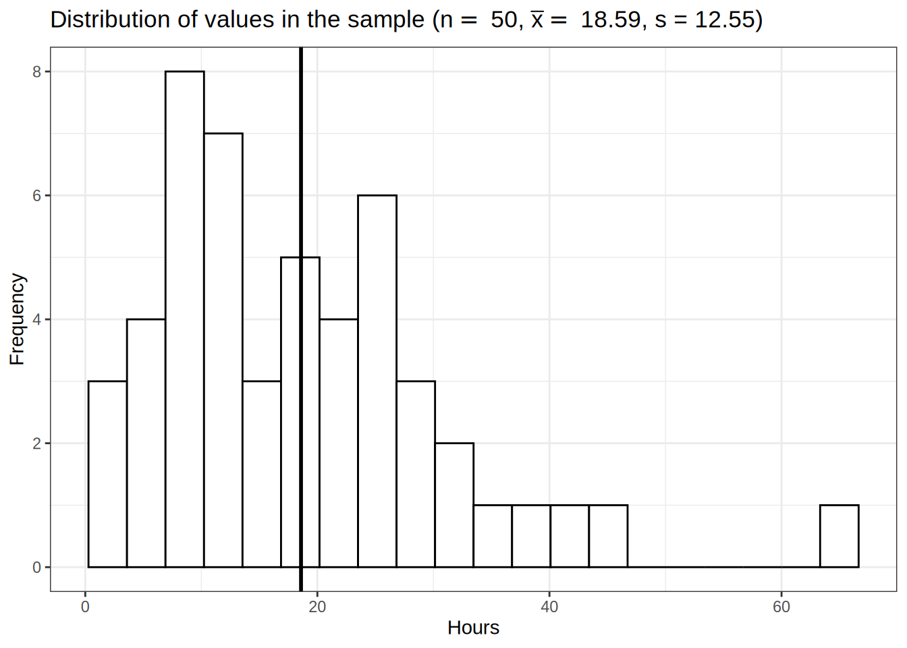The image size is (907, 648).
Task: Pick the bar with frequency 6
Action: tap(377, 381)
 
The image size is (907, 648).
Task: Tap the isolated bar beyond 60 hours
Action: tap(839, 536)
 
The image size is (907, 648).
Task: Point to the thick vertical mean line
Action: tap(301, 202)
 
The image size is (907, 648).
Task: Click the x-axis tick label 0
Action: tap(85, 607)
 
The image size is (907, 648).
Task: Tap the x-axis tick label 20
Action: tap(317, 607)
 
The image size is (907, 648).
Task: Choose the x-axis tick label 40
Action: tap(549, 607)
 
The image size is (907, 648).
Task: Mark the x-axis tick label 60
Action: tap(781, 607)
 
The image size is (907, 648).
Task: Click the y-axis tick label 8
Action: tap(37, 72)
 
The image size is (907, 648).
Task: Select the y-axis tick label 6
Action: tap(37, 196)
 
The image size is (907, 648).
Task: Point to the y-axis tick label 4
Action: tap(37, 319)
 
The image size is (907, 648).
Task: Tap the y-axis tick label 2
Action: tap(37, 443)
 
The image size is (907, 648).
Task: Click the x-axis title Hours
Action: tap(473, 628)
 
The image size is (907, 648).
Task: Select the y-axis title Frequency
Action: tap(17, 319)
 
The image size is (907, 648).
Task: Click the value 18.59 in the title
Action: tap(610, 20)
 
